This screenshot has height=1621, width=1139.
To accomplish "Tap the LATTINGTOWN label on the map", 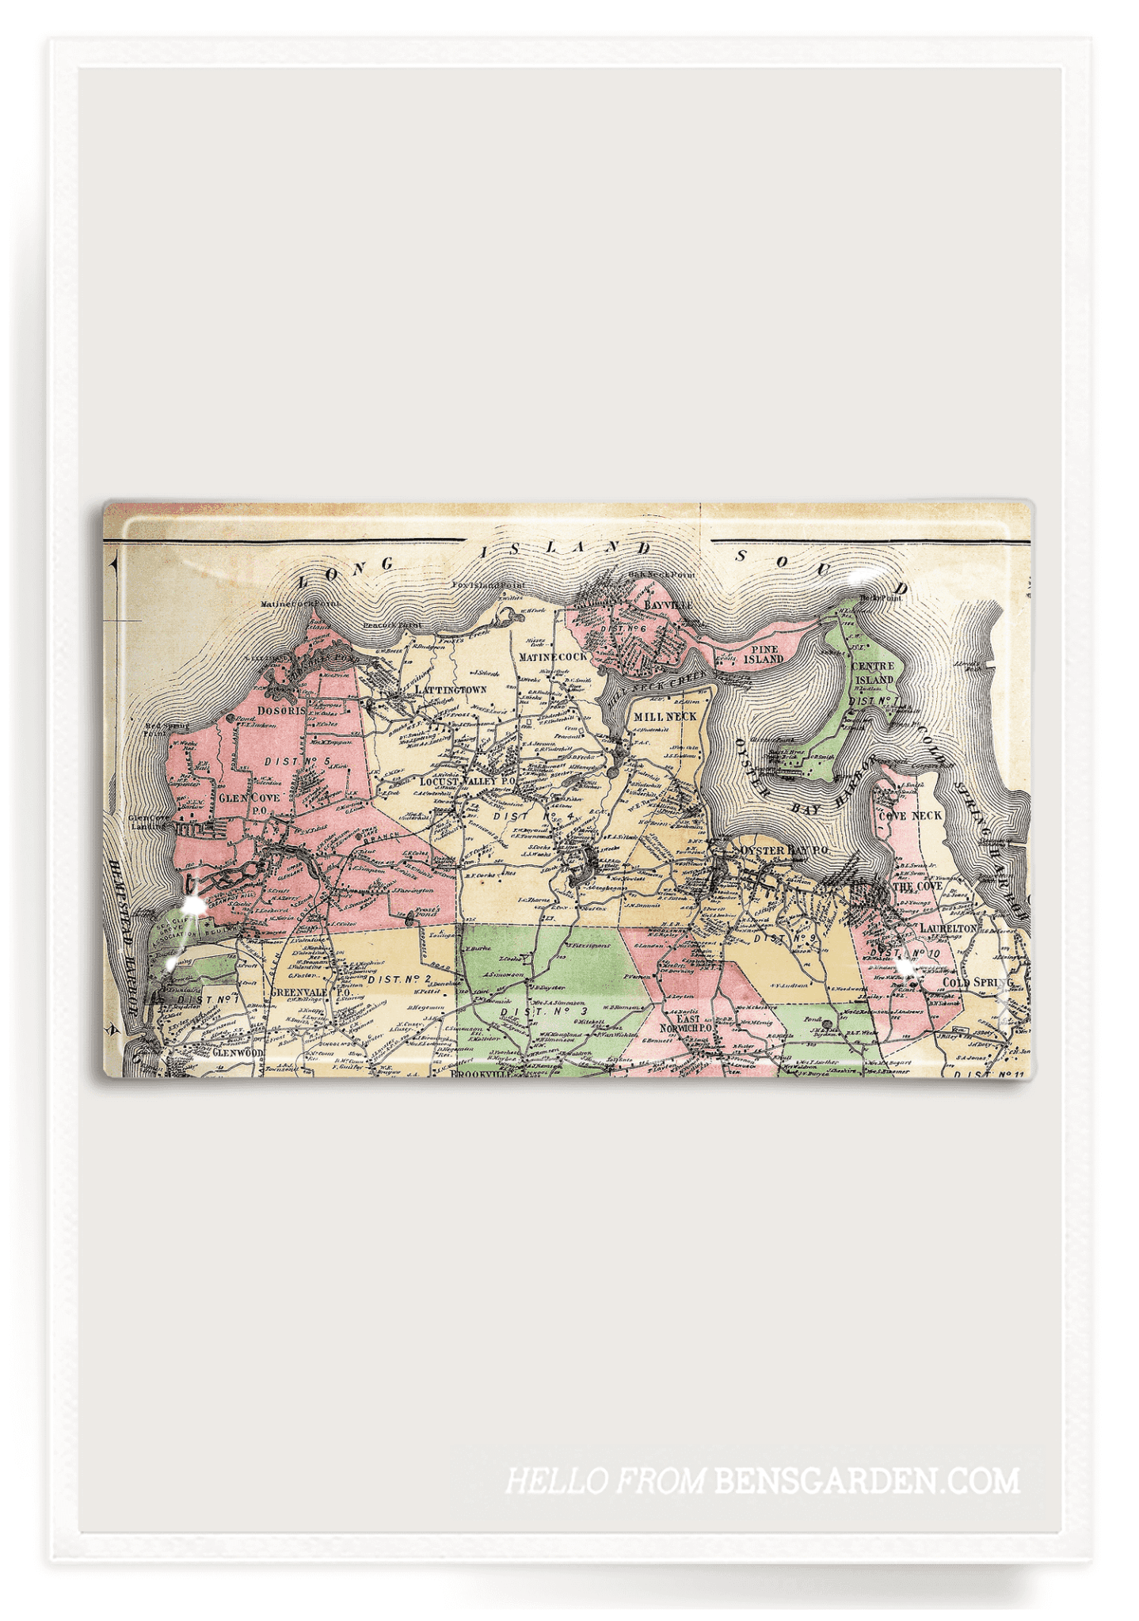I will [x=451, y=689].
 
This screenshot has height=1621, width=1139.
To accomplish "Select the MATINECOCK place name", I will [x=553, y=656].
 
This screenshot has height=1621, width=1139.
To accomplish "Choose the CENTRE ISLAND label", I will [x=873, y=673].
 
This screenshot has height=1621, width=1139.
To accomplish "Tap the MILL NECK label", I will [x=665, y=716].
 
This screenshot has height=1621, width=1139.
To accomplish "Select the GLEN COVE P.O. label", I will [x=250, y=803].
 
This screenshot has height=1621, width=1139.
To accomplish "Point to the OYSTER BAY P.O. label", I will [x=783, y=850].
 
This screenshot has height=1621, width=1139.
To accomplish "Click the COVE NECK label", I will [x=910, y=815].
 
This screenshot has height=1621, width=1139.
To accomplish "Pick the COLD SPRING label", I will [x=977, y=982].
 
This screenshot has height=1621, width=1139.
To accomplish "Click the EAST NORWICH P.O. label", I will [x=688, y=1023].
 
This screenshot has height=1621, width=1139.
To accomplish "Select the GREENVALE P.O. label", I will [x=310, y=992].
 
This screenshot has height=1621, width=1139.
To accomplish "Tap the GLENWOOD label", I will [x=238, y=1053].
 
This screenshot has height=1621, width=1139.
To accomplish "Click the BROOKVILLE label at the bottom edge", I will [x=480, y=1074].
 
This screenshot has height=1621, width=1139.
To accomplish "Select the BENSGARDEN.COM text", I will [x=867, y=1480].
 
